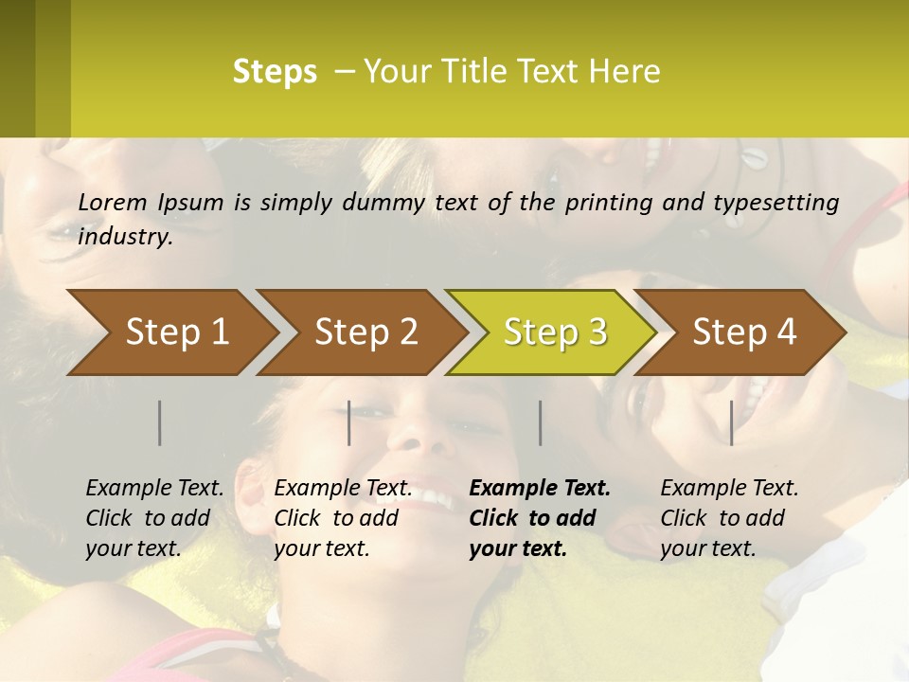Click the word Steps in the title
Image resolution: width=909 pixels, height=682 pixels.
pos(275,72)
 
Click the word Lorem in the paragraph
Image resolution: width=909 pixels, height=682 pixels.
pos(113,202)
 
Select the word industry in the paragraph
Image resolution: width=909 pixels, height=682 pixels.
pos(124,236)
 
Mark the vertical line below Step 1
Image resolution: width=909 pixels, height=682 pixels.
pos(160,422)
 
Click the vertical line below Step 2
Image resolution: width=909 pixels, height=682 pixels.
pos(349,422)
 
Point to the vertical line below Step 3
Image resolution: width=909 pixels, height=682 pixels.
pos(540,422)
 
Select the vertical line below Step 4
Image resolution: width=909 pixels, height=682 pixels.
pos(731,422)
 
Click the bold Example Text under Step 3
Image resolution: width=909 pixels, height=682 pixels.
pos(540,489)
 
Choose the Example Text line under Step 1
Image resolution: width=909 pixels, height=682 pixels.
pos(154,489)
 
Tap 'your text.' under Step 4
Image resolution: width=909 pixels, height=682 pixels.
pos(707,548)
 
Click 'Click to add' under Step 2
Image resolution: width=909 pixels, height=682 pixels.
pos(336,518)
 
